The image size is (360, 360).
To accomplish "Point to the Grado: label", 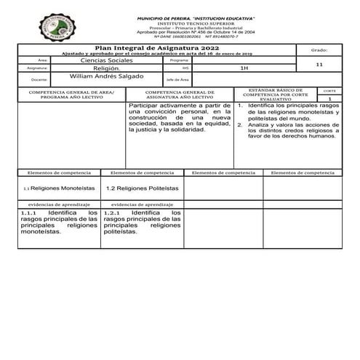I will pyautogui.click(x=319, y=51).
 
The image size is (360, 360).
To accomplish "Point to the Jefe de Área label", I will pyautogui.click(x=177, y=79).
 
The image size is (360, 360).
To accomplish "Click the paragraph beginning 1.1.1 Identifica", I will pyautogui.click(x=49, y=223).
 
